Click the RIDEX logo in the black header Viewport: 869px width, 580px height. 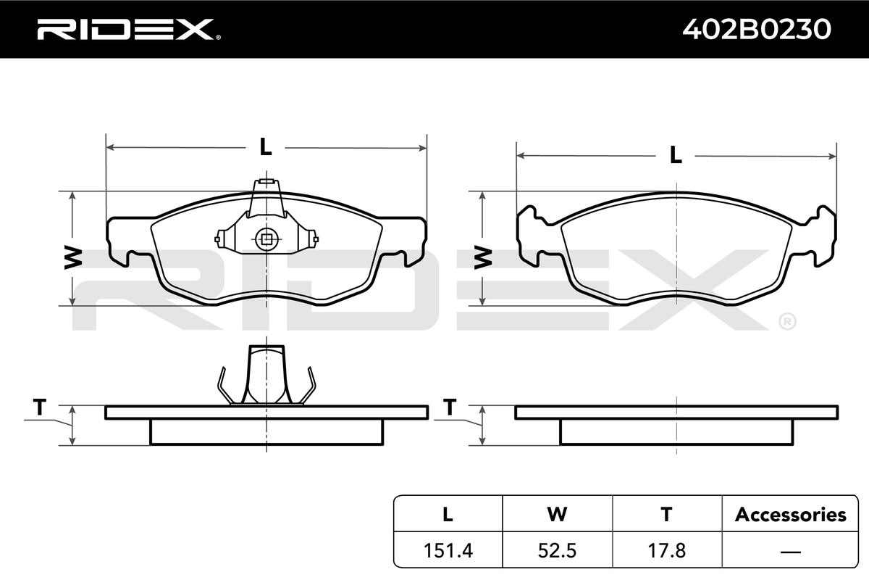click(128, 30)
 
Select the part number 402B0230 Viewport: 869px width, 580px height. click(757, 29)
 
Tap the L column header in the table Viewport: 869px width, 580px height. click(448, 514)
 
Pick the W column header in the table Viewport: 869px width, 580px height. click(557, 514)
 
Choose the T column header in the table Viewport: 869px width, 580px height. click(666, 514)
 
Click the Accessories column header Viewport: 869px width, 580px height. click(790, 515)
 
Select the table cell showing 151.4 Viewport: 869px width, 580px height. click(448, 550)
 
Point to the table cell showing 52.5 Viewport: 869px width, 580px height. click(557, 550)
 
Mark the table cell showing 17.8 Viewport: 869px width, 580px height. click(667, 550)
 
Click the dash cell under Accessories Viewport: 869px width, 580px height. click(790, 551)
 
